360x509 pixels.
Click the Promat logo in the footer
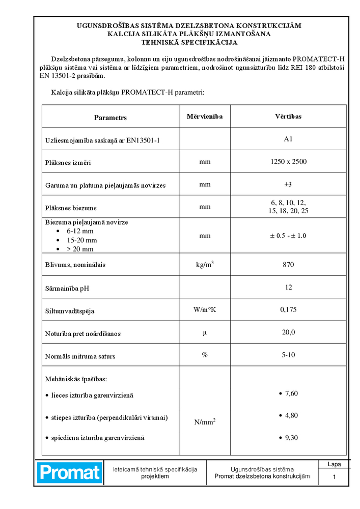point(70,472)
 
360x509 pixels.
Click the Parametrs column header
point(110,118)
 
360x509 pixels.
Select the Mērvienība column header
point(205,117)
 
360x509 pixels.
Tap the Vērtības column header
point(288,117)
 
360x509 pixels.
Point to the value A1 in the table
point(288,139)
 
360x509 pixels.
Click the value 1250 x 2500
point(288,162)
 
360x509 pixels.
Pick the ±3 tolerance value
point(288,184)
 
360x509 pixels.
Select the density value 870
point(288,265)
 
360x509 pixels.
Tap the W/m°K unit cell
point(205,310)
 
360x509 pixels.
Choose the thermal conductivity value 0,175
point(288,309)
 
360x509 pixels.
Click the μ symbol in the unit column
point(205,332)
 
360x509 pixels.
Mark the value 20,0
point(288,332)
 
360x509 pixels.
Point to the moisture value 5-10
point(288,355)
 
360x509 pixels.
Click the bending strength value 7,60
point(291,393)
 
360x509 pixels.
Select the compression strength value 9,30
point(291,437)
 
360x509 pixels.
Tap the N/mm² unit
point(205,422)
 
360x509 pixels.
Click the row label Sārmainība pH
point(67,288)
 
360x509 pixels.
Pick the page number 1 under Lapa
point(334,477)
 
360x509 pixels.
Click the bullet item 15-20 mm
point(81,240)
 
